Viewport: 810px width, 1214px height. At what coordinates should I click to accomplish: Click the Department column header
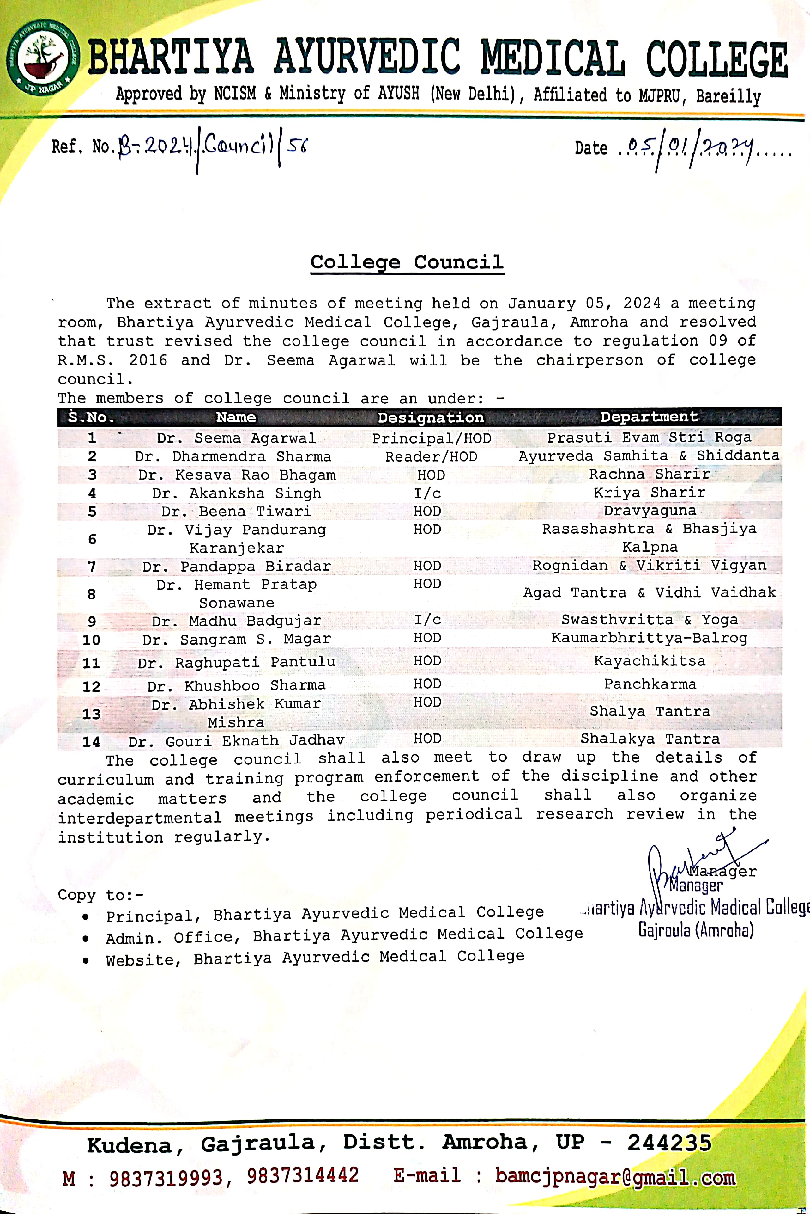point(649,417)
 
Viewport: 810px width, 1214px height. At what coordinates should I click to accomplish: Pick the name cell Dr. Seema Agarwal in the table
point(236,438)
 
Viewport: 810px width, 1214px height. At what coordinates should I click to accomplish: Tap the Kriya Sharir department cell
point(649,493)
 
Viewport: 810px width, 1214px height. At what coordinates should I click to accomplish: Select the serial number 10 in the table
point(91,640)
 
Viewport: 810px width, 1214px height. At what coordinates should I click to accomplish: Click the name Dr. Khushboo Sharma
point(236,686)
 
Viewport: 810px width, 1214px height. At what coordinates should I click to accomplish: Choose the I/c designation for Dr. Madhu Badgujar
point(427,620)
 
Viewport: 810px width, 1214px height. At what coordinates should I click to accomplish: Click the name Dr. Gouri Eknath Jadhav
point(236,741)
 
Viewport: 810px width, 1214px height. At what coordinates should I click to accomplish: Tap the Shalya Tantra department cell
point(649,712)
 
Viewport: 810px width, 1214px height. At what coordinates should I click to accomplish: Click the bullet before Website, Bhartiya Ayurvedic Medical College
point(85,960)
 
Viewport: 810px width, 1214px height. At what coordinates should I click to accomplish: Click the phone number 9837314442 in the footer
point(302,1175)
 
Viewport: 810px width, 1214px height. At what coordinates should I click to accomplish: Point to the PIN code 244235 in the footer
point(669,1143)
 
